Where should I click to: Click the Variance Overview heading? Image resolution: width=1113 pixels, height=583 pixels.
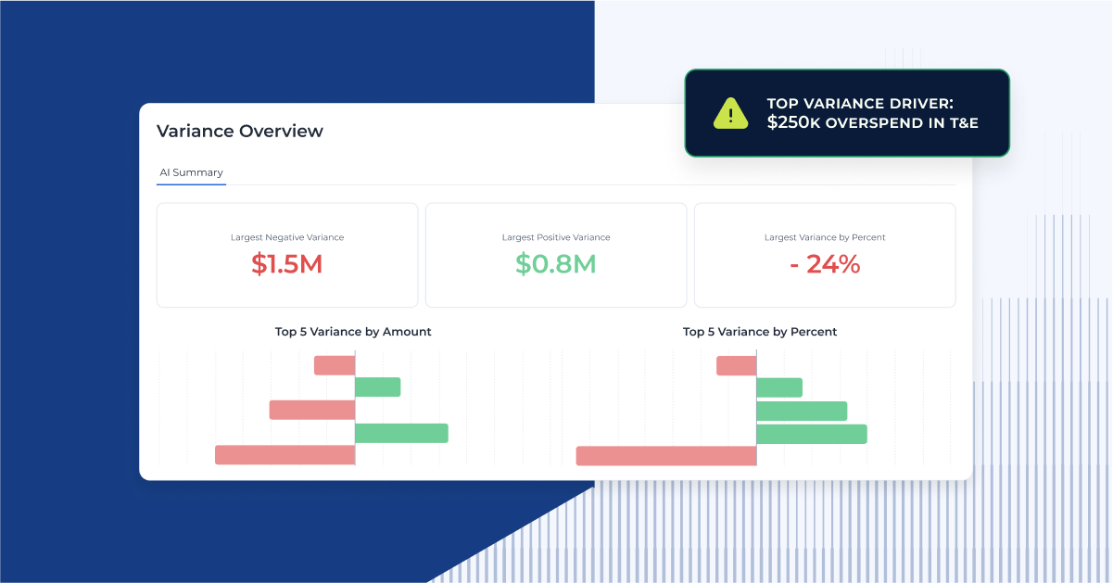click(x=240, y=132)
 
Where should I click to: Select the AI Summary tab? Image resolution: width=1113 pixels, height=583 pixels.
click(x=191, y=172)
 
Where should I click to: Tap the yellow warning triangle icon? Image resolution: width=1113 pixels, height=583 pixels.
click(x=730, y=113)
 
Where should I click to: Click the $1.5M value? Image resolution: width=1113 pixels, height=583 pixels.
click(x=286, y=264)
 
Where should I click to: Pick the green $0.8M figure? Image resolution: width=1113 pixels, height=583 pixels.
click(x=555, y=264)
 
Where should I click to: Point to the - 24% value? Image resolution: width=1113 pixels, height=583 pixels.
click(x=825, y=264)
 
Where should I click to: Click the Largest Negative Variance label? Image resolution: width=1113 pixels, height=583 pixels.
click(x=287, y=237)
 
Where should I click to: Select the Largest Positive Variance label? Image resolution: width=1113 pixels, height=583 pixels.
click(x=556, y=237)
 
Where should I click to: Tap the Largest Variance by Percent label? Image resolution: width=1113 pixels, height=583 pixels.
click(x=825, y=237)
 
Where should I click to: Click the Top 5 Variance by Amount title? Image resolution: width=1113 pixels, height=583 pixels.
click(x=353, y=332)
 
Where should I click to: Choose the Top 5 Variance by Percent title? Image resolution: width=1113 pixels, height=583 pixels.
click(x=760, y=332)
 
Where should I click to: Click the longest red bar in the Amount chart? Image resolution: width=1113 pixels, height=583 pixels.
click(x=285, y=455)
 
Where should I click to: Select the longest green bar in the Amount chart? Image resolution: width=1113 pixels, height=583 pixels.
click(x=401, y=433)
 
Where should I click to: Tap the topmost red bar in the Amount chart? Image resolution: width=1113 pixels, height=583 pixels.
click(x=335, y=365)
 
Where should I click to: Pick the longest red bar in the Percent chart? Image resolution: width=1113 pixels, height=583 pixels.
click(x=666, y=456)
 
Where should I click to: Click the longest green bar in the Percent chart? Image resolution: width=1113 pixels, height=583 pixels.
click(x=812, y=434)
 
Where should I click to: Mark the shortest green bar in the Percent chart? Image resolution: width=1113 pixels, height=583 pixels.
click(x=779, y=387)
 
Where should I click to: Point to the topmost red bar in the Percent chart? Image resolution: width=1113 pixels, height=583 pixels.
click(x=737, y=366)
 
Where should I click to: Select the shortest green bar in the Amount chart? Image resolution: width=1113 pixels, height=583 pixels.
click(x=378, y=387)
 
